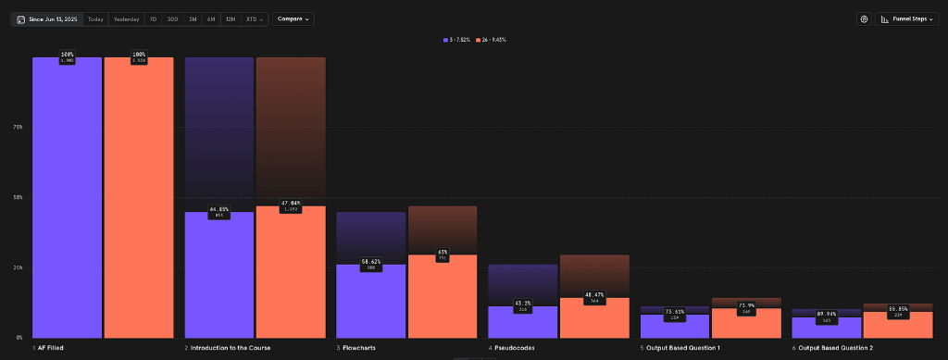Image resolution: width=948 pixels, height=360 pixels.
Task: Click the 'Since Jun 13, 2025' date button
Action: (46, 19)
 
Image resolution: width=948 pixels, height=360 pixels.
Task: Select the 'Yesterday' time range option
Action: (126, 19)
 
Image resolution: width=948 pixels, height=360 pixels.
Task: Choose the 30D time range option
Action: (172, 19)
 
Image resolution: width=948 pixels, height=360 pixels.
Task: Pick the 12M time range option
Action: (230, 19)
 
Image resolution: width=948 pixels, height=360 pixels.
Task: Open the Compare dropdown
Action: (293, 19)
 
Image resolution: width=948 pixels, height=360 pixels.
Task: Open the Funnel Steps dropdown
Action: (907, 19)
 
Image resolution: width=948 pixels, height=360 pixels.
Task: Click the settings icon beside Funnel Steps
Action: (864, 19)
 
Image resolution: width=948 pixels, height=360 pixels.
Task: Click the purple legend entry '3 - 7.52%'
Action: (458, 40)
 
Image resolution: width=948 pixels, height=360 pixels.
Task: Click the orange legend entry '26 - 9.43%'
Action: (492, 40)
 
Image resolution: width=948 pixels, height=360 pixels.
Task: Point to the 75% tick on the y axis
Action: (18, 127)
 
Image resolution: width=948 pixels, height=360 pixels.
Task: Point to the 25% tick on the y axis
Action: (18, 267)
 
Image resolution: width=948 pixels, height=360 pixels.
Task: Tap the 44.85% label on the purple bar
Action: (219, 209)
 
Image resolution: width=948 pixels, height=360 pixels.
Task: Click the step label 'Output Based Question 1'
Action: (681, 348)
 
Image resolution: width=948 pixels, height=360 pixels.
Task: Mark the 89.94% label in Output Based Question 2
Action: (827, 315)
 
